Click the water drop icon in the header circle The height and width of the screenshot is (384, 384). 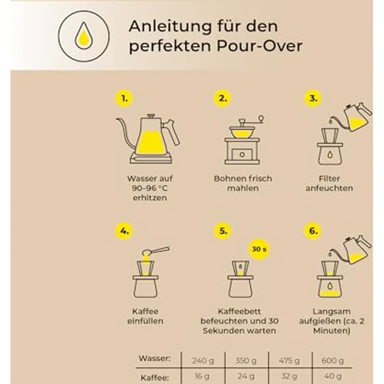pos(84,36)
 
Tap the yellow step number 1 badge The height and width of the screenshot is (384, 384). pos(124,99)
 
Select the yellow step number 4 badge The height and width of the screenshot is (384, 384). pos(124,231)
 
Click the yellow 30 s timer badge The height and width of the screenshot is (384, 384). pos(259,249)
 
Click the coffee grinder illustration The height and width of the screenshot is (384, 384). pos(243,141)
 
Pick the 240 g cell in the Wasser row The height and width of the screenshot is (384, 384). pos(203,361)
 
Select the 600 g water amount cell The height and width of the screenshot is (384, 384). pos(332,361)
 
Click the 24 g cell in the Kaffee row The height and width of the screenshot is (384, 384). pos(246,376)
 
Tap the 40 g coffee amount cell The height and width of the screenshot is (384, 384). pos(332,376)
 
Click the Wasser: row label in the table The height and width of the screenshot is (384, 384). pos(155,358)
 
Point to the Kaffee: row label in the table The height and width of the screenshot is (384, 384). pos(155,377)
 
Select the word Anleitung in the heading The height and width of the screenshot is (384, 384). pos(170,27)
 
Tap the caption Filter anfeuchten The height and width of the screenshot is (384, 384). pos(329,183)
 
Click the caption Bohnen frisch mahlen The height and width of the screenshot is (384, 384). pos(243,183)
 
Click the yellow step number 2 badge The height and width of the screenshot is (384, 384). pos(222,99)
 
